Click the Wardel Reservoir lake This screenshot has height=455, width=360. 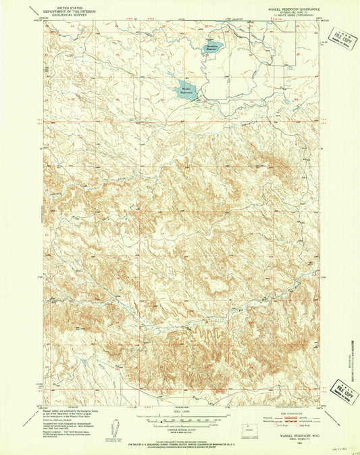tap(188, 91)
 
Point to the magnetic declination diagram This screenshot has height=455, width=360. tap(112, 430)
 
